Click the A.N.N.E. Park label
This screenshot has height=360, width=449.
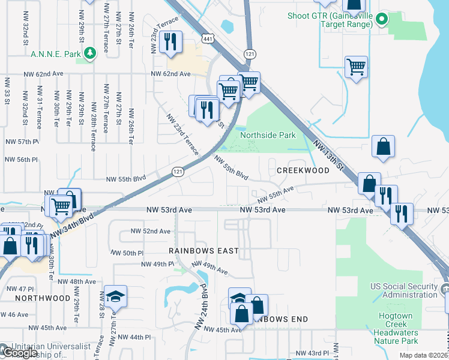coord(55,53)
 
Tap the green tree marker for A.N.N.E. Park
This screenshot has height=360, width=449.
coord(90,53)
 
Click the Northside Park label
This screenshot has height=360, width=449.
coord(268,135)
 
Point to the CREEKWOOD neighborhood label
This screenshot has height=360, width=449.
coord(303,170)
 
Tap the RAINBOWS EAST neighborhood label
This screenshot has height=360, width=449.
coord(203,250)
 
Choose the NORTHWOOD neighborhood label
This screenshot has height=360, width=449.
coord(34,298)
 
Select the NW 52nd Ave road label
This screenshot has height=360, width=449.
coord(150,231)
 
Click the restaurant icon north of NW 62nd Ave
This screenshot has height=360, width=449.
coord(172,42)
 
